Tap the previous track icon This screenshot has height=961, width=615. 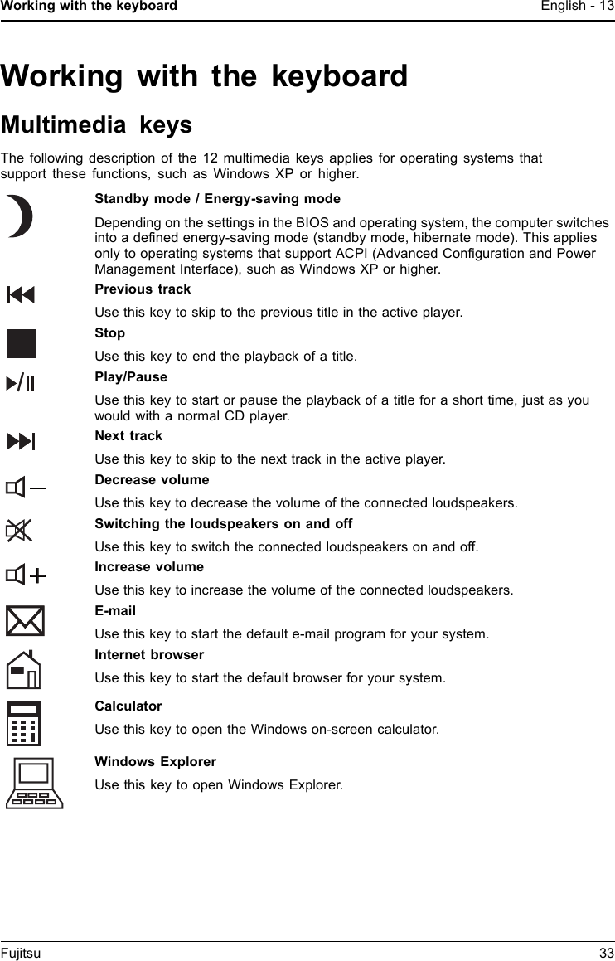tap(21, 294)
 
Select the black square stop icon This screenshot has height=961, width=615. tap(22, 343)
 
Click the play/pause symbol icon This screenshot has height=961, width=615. tap(21, 383)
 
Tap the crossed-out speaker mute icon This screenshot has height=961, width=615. tap(18, 531)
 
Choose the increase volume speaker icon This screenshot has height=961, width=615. tap(26, 575)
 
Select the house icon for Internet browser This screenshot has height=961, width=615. tap(24, 669)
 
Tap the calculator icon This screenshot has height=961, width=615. tap(24, 723)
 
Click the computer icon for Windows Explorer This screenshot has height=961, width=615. tap(35, 783)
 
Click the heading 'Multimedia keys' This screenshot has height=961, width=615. tap(96, 125)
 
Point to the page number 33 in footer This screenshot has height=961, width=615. tap(606, 954)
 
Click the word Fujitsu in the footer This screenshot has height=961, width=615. tap(21, 954)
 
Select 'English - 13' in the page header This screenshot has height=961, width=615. tap(577, 7)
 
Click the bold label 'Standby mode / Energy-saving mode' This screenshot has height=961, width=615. tap(217, 199)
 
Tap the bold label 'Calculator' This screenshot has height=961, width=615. tap(128, 706)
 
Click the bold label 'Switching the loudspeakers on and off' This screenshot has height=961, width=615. tap(224, 524)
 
